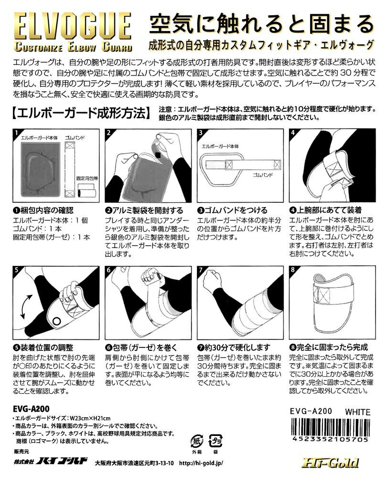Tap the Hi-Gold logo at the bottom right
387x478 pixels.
point(330,463)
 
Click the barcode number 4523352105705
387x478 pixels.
point(330,439)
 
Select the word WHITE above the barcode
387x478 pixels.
point(358,412)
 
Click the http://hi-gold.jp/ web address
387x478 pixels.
point(201,463)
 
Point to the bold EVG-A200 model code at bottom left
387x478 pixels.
point(32,409)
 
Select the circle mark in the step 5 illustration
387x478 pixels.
point(56,321)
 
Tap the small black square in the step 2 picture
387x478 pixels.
point(158,155)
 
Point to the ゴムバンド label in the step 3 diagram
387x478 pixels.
point(263,175)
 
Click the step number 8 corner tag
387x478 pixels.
point(293,270)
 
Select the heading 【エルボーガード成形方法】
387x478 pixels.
point(82,113)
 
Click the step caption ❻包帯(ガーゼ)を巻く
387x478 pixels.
point(141,348)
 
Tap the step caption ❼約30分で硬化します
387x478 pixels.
point(234,348)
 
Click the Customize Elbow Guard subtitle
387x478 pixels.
point(73,47)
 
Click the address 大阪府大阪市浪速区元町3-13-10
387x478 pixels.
point(135,463)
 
